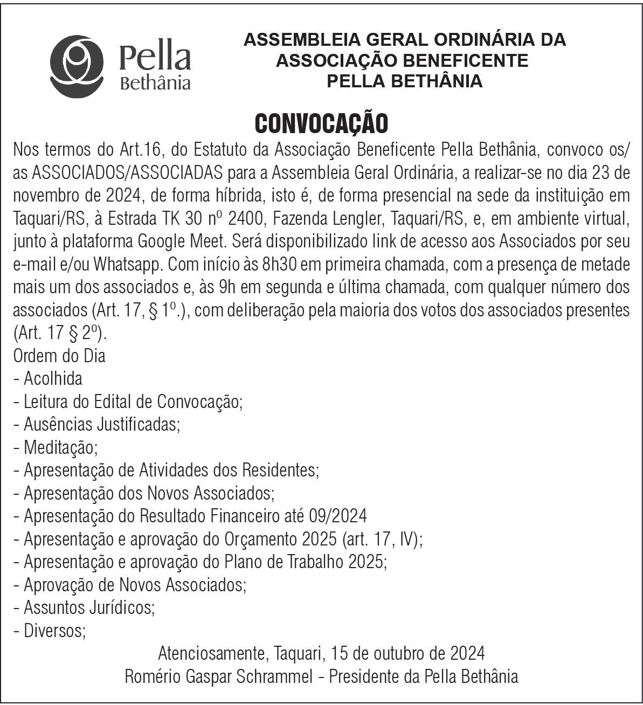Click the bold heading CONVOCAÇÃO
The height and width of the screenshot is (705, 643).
(321, 123)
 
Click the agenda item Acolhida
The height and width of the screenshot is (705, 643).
(53, 378)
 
